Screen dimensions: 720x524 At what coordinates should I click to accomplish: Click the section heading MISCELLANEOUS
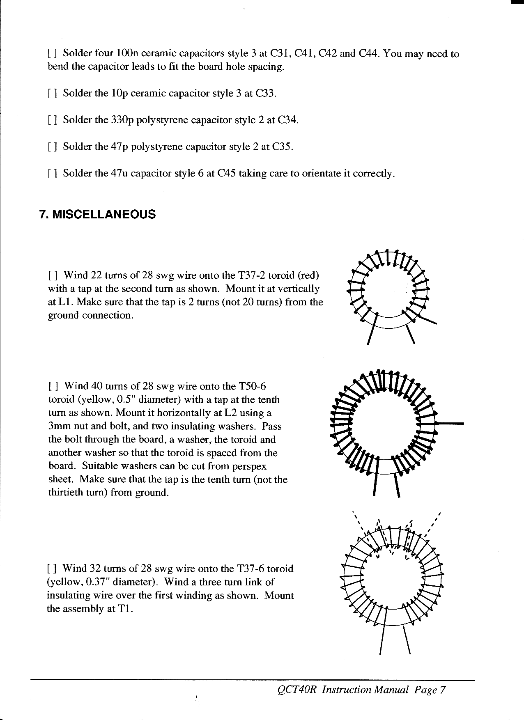(104, 214)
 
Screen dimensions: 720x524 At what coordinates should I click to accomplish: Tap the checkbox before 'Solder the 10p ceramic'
(52, 94)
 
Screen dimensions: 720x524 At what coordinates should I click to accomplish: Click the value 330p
(122, 120)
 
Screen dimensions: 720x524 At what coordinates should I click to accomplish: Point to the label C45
(226, 174)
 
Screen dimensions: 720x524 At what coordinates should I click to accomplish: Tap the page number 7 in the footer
(442, 690)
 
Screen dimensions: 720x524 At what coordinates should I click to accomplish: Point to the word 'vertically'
(300, 289)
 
